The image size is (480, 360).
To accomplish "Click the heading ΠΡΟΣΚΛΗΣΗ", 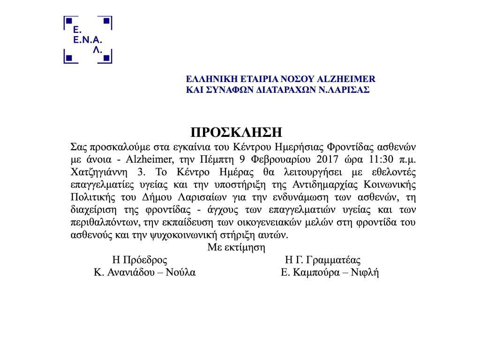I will pos(237,131).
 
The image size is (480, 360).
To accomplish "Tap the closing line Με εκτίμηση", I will pos(236,247).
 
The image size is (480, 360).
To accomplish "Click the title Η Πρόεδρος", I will pos(140,260).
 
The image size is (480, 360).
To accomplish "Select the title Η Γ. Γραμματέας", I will pos(322,260).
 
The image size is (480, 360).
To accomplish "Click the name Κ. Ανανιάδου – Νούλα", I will pos(144,272).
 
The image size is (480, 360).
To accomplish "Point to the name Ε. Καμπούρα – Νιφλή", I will pos(330,272).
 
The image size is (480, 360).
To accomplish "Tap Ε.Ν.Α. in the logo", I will pos(88,40).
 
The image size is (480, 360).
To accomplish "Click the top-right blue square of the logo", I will pos(106,21).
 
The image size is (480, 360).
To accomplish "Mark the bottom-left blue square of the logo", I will pos(69,58).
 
